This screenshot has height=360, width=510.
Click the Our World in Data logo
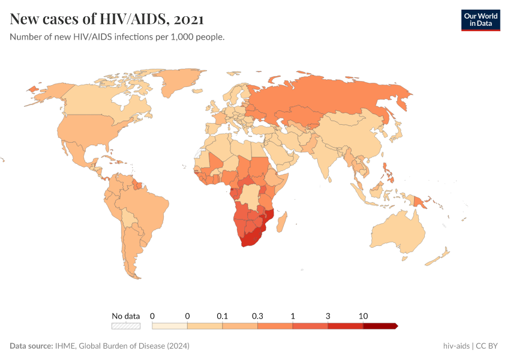pyautogui.click(x=480, y=19)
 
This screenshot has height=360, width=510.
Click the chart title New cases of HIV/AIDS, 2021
pyautogui.click(x=107, y=19)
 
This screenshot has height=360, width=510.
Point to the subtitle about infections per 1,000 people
pyautogui.click(x=117, y=37)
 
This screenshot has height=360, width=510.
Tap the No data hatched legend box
pyautogui.click(x=125, y=326)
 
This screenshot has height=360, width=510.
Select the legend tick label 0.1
pyautogui.click(x=223, y=316)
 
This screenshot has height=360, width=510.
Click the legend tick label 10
pyautogui.click(x=363, y=316)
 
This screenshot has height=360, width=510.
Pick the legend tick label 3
pyautogui.click(x=328, y=316)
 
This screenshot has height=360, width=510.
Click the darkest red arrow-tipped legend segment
pyautogui.click(x=380, y=326)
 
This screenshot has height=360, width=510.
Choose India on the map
pyautogui.click(x=327, y=159)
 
